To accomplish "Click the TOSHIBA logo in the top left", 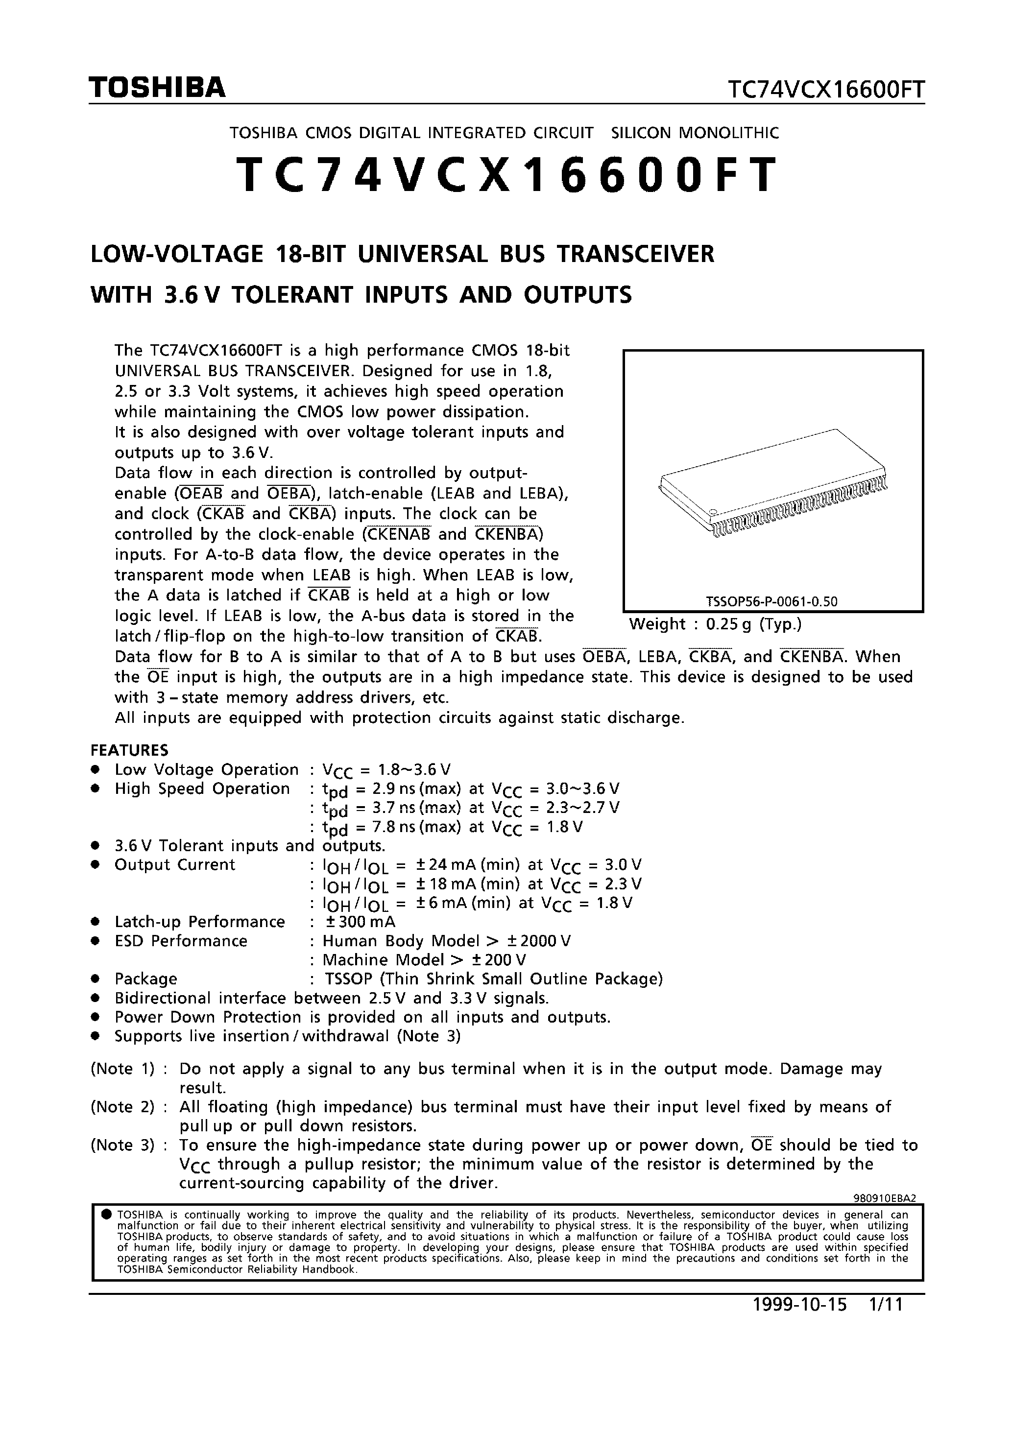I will tap(157, 89).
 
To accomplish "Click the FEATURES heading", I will tap(129, 750).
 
